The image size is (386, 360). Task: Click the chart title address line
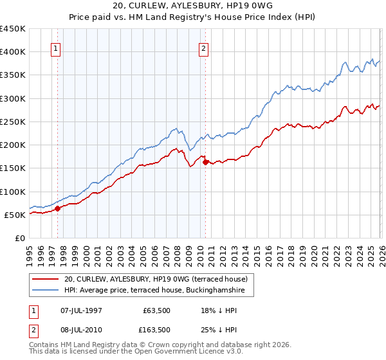(x=193, y=6)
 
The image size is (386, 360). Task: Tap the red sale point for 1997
(x=57, y=208)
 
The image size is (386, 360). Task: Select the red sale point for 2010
(x=205, y=162)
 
